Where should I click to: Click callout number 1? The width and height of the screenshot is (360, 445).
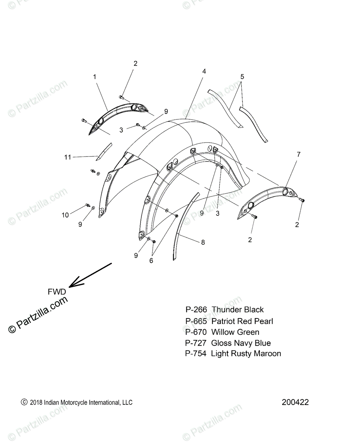pos(95,77)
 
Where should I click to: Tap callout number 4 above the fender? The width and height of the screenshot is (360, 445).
pos(204,71)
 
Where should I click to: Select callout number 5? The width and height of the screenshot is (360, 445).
pos(242,77)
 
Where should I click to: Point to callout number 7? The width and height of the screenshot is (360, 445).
pos(298,154)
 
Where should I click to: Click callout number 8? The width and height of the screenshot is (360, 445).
pos(203,243)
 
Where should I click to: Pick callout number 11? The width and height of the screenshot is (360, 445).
pos(67,157)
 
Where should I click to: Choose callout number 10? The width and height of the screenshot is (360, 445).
pos(65,215)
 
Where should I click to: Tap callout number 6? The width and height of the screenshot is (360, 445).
pos(151,260)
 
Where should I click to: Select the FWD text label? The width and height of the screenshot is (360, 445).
pos(57,292)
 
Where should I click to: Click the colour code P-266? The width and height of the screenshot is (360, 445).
pos(196,310)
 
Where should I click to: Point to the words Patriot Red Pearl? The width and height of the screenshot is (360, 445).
pos(242,321)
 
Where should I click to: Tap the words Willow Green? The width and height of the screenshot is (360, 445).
pos(235,332)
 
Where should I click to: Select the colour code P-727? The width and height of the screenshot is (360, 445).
pos(196,343)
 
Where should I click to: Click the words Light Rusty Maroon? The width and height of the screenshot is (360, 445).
pos(246,354)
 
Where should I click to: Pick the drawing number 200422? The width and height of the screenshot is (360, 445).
pos(295,402)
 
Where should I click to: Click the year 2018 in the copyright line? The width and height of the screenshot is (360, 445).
pos(36,402)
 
